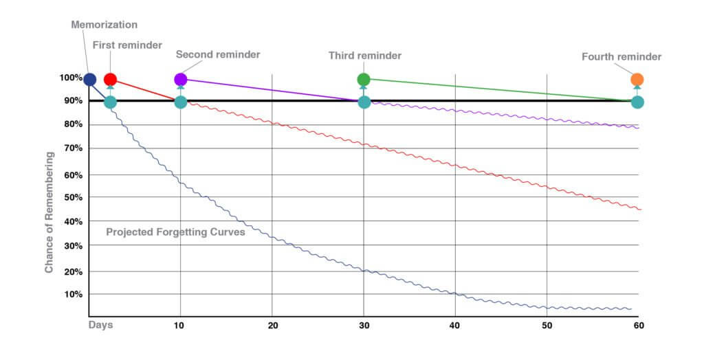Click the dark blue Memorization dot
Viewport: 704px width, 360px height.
[89, 80]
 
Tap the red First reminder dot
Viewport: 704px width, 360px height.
[110, 80]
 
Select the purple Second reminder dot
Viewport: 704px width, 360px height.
[180, 80]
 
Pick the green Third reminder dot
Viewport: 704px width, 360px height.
[364, 80]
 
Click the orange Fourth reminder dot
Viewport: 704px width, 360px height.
[637, 80]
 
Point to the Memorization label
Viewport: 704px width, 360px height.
[104, 25]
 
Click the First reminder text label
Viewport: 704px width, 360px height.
[127, 45]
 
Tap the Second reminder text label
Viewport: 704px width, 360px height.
[218, 54]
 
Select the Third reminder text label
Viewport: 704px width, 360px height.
[364, 55]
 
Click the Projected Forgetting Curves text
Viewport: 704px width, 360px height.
[175, 232]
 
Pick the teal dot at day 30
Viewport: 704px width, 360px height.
[364, 102]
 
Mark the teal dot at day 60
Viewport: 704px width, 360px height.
[637, 102]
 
